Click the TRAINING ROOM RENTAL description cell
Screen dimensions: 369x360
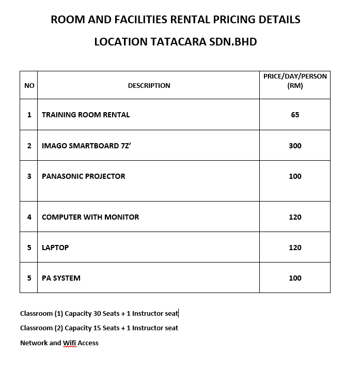(x=86, y=115)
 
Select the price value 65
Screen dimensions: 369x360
(x=295, y=115)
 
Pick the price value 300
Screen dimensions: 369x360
(x=295, y=146)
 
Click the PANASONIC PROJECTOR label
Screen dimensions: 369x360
(x=84, y=176)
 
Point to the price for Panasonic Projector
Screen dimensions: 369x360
(x=295, y=176)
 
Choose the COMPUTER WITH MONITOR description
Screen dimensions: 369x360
(x=90, y=217)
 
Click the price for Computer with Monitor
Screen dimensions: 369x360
(x=295, y=217)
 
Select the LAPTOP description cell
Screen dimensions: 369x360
(x=55, y=248)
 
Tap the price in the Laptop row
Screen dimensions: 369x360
(x=295, y=248)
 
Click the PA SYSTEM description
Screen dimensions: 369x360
(x=61, y=278)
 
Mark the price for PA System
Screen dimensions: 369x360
(x=295, y=278)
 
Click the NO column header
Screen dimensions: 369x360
(x=29, y=85)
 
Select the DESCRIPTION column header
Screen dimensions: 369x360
(x=149, y=85)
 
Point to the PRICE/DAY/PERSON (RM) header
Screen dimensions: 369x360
(x=295, y=81)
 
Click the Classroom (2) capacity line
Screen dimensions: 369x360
(x=99, y=328)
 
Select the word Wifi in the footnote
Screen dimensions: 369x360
(x=70, y=343)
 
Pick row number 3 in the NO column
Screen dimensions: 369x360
(x=29, y=176)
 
